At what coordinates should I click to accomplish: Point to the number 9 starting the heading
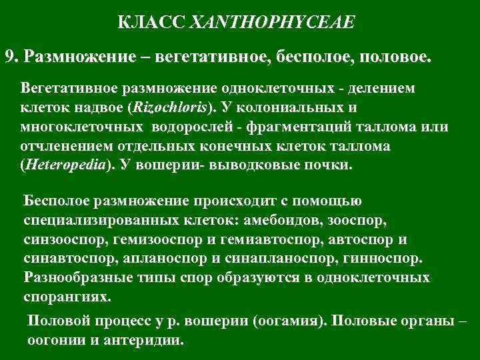point(9,56)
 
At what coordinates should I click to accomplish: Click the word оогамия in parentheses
point(289,320)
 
